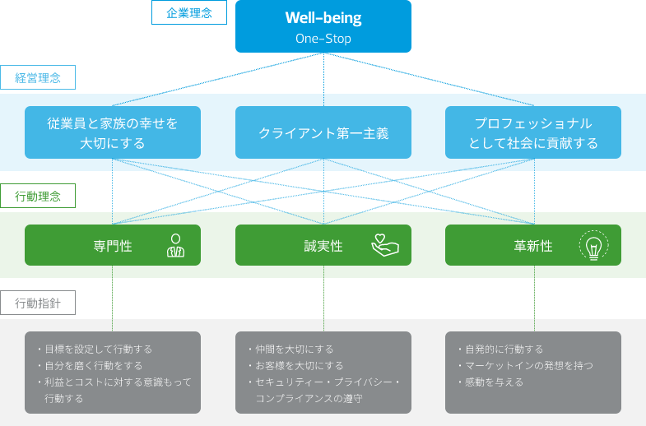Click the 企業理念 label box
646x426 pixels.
189,12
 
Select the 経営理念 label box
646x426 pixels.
38,77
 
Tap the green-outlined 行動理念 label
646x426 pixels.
38,196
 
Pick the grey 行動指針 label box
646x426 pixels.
38,303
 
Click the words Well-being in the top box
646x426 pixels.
323,18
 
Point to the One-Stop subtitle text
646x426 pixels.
323,39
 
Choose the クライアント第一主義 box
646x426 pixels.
323,132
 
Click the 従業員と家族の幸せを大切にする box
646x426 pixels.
113,132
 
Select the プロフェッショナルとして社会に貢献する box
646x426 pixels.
533,132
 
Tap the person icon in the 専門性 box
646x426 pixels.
175,246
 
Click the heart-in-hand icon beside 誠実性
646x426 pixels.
385,245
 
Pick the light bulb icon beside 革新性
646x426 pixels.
593,245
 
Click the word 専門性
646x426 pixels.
113,246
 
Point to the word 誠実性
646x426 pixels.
323,246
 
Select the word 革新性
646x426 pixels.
533,246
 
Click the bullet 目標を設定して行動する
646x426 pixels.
95,350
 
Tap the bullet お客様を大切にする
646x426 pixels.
295,366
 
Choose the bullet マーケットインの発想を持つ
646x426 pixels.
525,366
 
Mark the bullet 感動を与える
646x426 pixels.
490,382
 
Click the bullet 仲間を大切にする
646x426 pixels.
290,350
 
